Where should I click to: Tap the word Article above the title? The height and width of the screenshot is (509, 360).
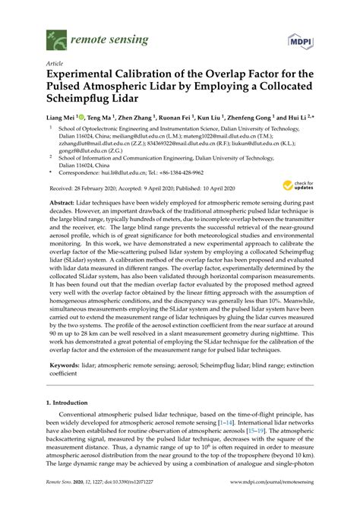coord(55,64)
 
